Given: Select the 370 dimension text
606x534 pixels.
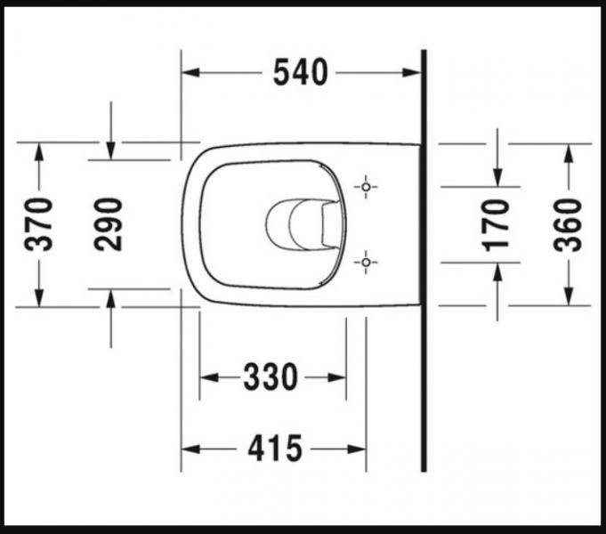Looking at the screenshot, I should point(40,224).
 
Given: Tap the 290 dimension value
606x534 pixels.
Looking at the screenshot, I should point(109,224).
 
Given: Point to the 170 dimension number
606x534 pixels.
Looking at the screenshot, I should point(497,224).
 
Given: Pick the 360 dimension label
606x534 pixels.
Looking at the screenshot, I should point(568,224).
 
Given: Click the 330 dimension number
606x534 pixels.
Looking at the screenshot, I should point(271,377).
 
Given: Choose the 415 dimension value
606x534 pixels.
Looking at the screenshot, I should point(275,449).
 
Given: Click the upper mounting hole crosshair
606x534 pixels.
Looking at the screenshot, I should point(365,187).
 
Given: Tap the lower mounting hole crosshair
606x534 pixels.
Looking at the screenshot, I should point(365,261).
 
